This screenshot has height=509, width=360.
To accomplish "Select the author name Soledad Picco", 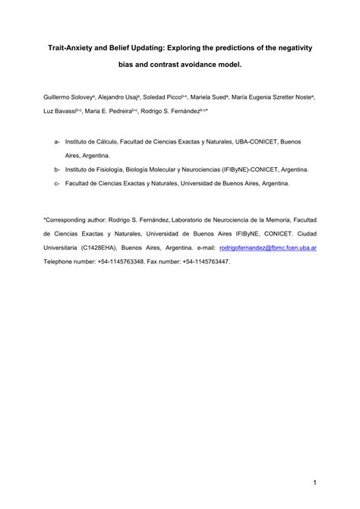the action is [x=173, y=98].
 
